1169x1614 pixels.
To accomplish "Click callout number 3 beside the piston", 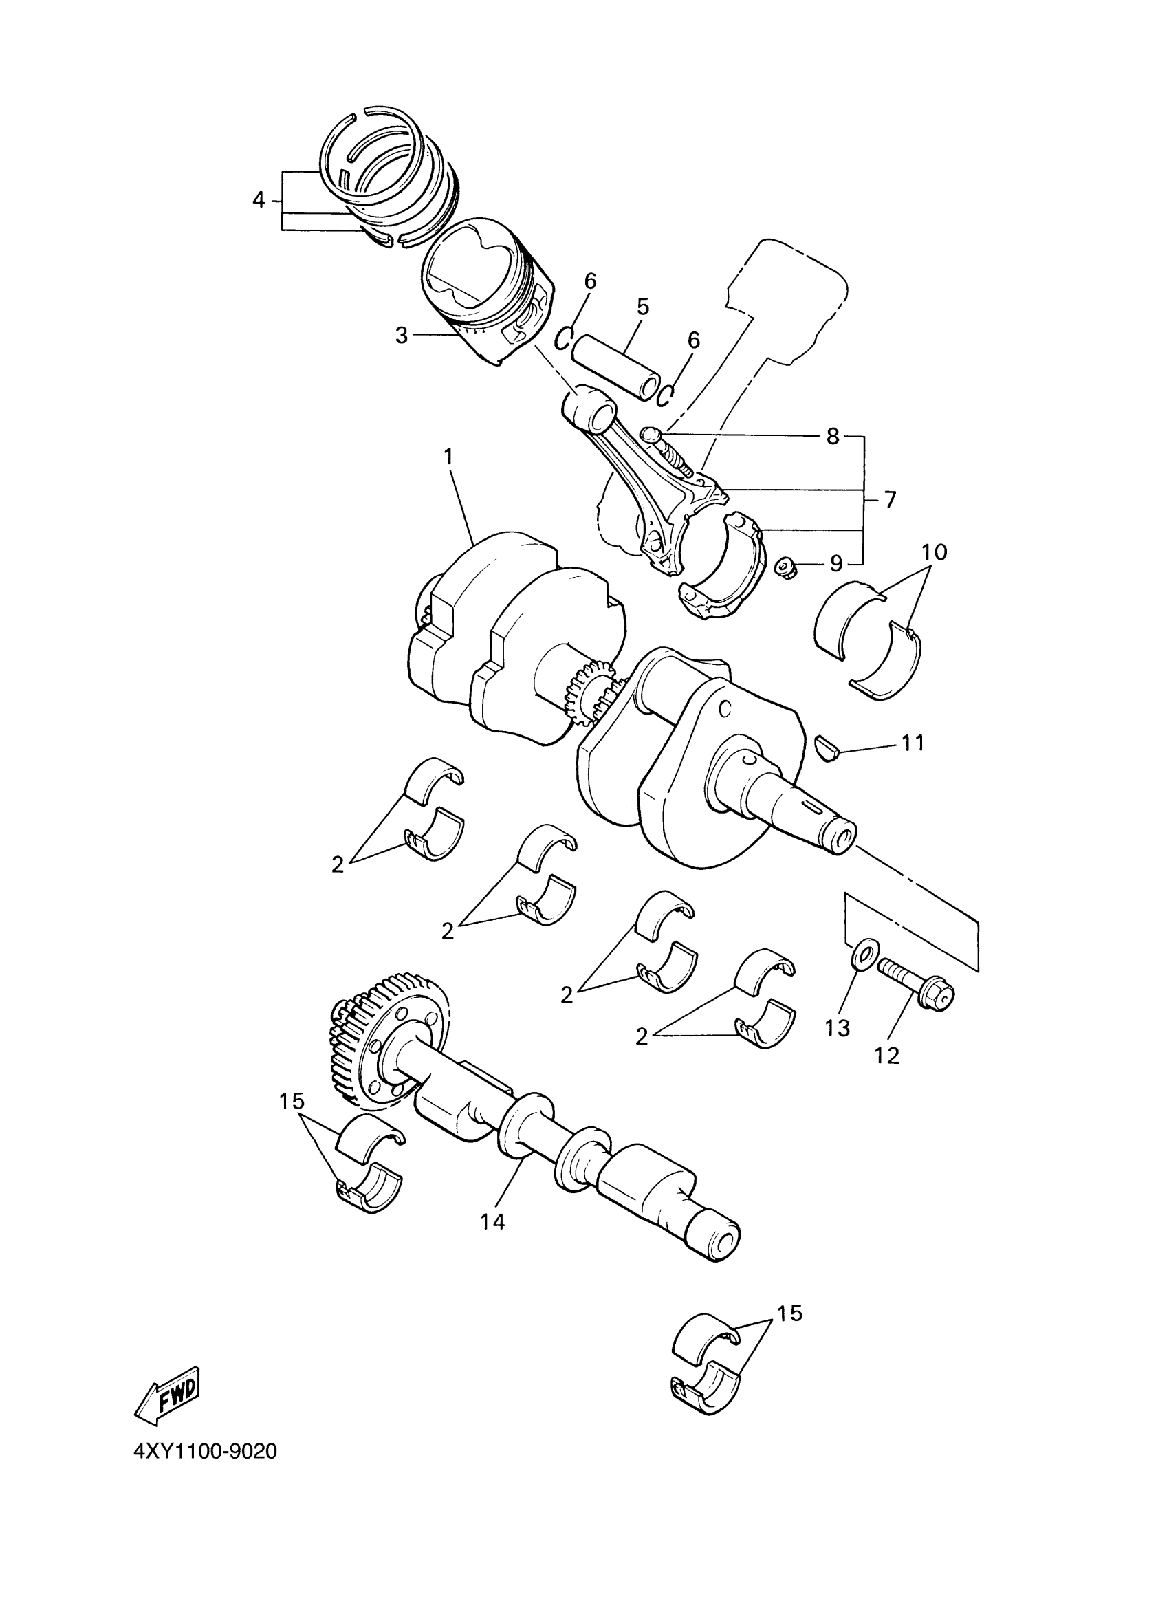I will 402,335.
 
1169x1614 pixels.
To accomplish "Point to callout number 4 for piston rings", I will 259,201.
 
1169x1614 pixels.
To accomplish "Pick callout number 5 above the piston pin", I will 642,307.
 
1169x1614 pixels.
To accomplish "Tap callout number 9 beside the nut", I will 836,564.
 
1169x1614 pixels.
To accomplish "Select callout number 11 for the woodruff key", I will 912,743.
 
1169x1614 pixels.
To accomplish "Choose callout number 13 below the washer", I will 839,1027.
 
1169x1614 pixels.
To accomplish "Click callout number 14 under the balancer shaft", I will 492,1221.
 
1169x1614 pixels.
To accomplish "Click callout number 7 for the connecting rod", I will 889,499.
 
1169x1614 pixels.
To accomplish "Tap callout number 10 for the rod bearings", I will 935,552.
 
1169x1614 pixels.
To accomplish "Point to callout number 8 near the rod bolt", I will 833,435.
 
